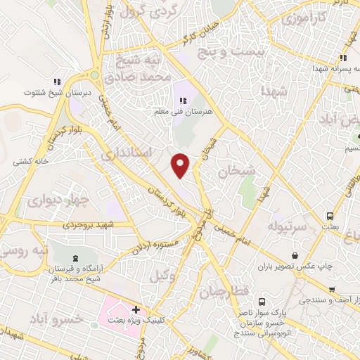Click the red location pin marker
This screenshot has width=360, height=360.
pyautogui.click(x=181, y=165)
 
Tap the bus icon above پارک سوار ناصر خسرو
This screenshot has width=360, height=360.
pyautogui.click(x=262, y=300)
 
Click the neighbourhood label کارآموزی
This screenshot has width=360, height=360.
pyautogui.click(x=302, y=18)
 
